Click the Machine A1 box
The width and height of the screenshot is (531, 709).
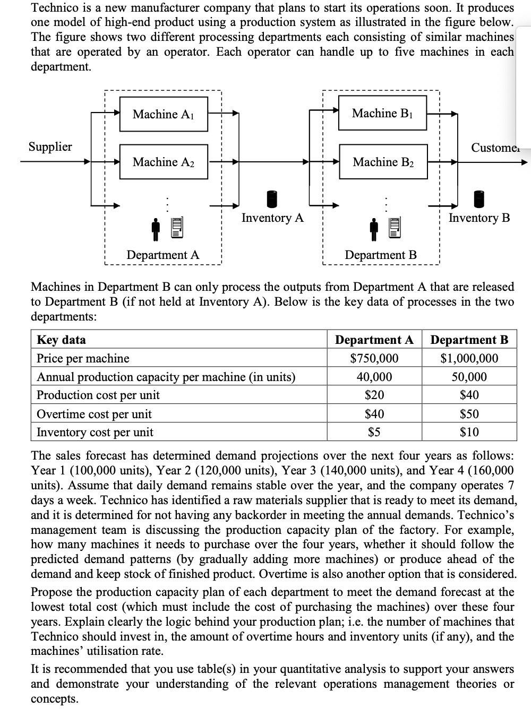[x=163, y=114]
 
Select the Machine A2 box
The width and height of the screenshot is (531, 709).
[x=163, y=162]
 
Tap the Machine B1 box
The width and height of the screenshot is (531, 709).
[x=382, y=113]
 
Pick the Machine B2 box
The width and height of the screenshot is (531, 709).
[x=382, y=162]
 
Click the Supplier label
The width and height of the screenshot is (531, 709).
[x=50, y=146]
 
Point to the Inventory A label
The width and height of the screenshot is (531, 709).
[x=272, y=218]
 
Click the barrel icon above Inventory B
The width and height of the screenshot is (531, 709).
[x=479, y=198]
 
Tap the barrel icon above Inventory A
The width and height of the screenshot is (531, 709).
[x=272, y=198]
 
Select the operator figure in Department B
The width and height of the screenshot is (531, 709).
[x=375, y=227]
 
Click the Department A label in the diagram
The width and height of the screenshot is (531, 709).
[x=163, y=255]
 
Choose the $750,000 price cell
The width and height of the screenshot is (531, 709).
[x=374, y=359]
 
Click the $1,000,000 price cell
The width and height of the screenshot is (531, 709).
[x=469, y=359]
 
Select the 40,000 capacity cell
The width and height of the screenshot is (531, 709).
[x=374, y=377]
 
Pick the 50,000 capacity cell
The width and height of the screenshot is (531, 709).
[x=469, y=377]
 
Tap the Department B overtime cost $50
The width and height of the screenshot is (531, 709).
[x=469, y=414]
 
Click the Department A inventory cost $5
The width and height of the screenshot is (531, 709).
[x=374, y=432]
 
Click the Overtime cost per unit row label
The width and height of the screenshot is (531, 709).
[x=94, y=414]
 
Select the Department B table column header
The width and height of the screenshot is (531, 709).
[x=469, y=340]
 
